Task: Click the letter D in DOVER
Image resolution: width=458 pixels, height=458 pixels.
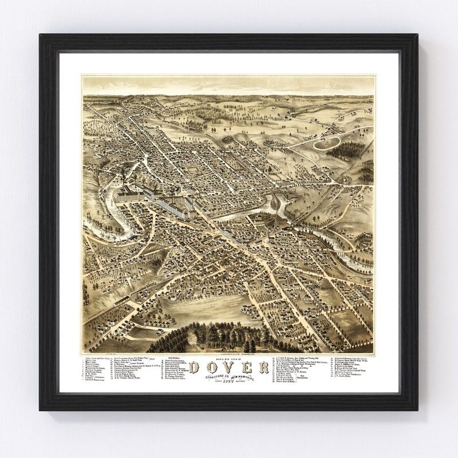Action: point(194,367)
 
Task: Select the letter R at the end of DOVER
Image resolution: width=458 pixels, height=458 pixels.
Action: point(263,367)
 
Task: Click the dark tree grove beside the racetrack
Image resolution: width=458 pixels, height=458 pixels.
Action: point(348,150)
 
